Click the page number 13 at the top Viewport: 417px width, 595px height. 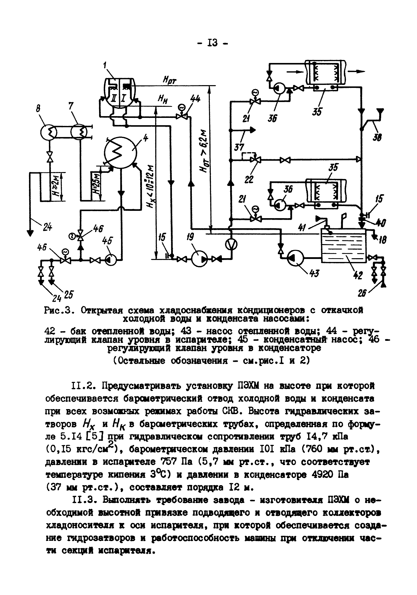[212, 43]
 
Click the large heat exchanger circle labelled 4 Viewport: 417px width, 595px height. [120, 153]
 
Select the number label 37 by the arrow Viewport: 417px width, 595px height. [239, 148]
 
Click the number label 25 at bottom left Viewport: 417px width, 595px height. [68, 295]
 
